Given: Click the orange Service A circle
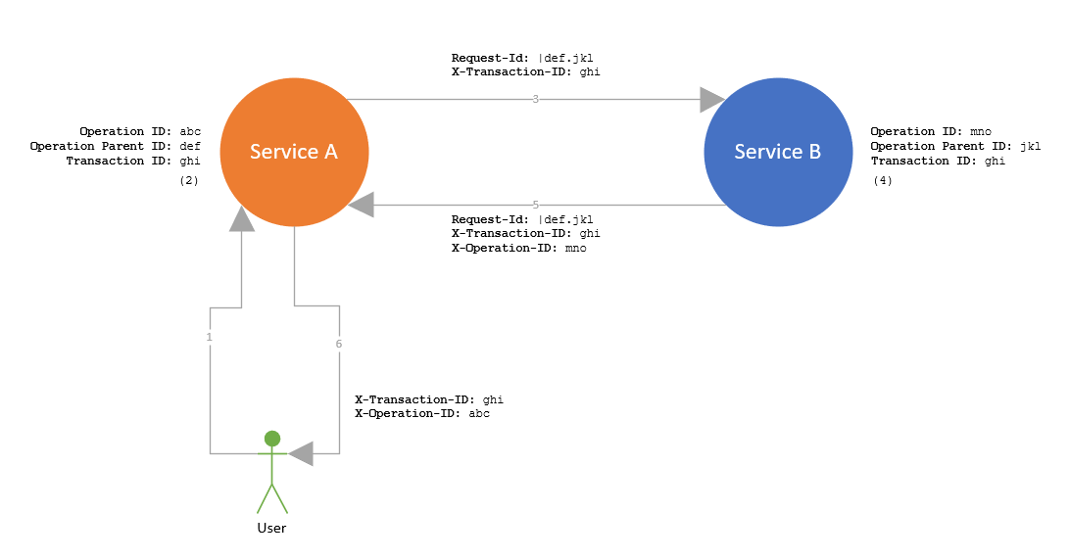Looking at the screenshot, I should click(x=294, y=152).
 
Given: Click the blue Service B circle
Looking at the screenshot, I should click(x=778, y=152).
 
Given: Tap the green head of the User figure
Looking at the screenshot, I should click(x=272, y=439).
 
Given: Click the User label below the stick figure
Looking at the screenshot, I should click(x=271, y=528).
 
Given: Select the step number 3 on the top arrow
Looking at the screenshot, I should click(x=535, y=99).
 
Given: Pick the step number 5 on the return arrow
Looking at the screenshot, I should click(x=535, y=205).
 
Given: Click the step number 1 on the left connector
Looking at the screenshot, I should click(x=210, y=336).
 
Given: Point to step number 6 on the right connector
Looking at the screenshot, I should click(x=339, y=344).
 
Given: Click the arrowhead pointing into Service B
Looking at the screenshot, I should click(x=711, y=99).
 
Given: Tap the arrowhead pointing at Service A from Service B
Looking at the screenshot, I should click(x=362, y=205).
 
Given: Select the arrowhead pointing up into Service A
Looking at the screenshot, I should click(x=242, y=219).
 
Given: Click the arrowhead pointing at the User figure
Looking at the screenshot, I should click(x=301, y=453).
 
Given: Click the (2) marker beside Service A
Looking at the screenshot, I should click(x=189, y=181).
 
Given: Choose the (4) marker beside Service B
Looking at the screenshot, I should click(x=882, y=181).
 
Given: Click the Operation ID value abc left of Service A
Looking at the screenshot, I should click(x=190, y=131).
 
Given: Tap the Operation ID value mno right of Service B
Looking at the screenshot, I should click(x=981, y=131).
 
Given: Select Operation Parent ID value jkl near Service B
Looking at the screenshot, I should click(x=1030, y=146).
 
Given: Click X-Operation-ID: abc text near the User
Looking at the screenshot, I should click(x=421, y=414).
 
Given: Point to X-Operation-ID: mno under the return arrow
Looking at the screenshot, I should click(x=518, y=249).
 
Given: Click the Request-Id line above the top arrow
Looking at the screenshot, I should click(x=521, y=58).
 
